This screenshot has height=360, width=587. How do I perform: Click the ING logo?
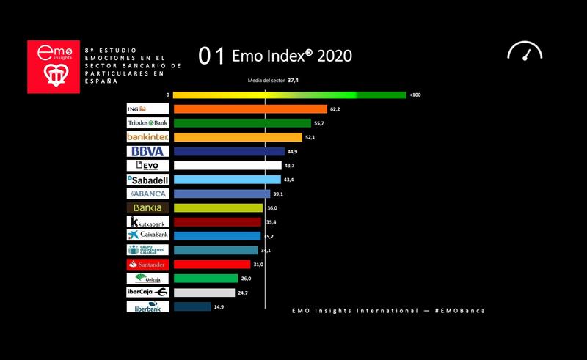tap(147, 109)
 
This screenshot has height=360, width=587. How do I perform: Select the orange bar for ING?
tap(249, 109)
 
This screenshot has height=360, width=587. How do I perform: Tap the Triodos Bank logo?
tap(147, 123)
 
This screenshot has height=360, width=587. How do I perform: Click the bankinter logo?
tap(147, 137)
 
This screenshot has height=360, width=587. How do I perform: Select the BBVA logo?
tap(147, 151)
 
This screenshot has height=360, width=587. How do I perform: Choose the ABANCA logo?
tap(147, 194)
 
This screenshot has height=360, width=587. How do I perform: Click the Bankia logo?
tap(147, 208)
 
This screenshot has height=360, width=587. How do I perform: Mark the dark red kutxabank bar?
tap(216, 222)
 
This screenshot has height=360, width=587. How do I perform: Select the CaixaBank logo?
tap(147, 235)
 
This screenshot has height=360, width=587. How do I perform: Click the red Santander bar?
tap(212, 264)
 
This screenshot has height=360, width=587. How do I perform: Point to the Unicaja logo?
tap(147, 279)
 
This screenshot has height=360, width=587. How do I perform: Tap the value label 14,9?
tap(219, 307)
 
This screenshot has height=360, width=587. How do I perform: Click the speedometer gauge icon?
tap(524, 51)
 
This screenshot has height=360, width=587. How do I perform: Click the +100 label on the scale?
tap(415, 95)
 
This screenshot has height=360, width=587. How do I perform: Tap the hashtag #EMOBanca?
tap(459, 311)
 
